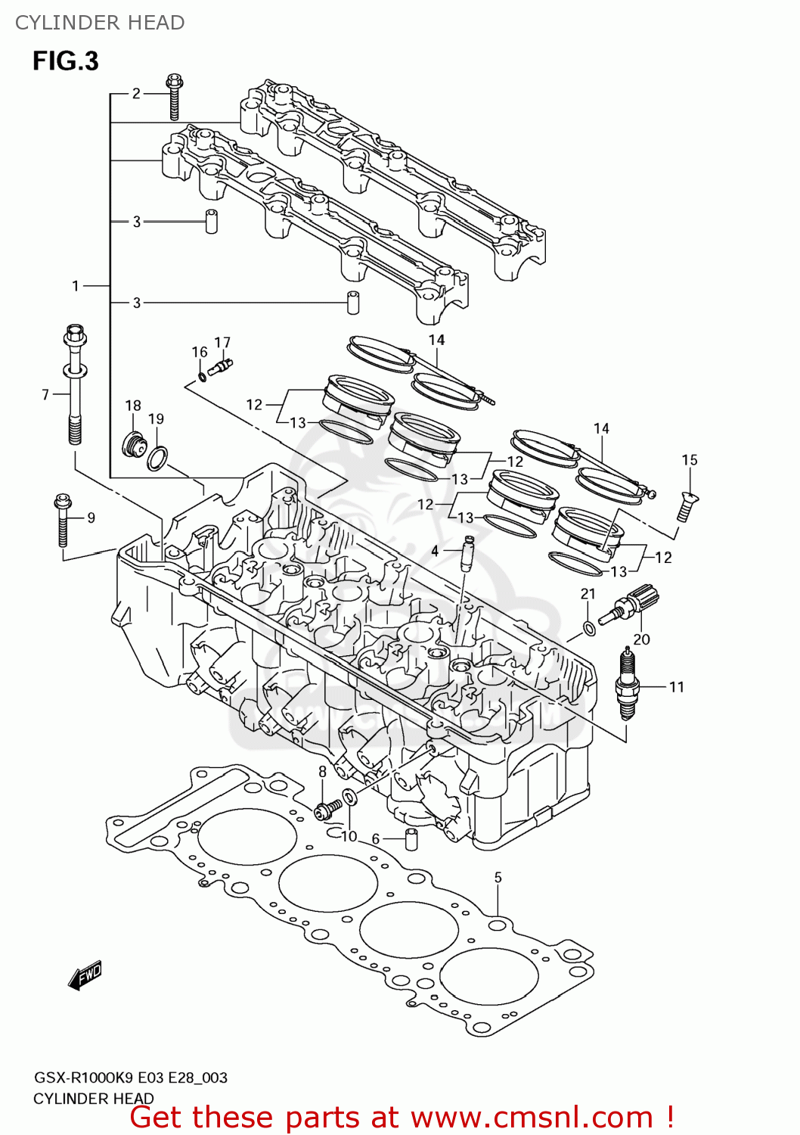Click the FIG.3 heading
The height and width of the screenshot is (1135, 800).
pos(66,61)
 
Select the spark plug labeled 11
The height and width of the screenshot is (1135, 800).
pos(628,683)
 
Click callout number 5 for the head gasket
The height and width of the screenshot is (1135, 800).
pos(498,878)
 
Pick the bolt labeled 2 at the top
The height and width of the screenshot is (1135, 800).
pos(174,96)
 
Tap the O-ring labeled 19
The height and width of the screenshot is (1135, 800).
pos(157,459)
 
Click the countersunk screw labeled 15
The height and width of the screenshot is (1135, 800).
pos(686,506)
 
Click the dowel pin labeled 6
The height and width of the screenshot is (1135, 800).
pos(412,839)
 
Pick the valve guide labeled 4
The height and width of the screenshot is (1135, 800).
pos(468,555)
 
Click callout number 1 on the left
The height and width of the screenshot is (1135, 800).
pos(76,286)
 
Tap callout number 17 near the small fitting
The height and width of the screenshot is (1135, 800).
pos(222,343)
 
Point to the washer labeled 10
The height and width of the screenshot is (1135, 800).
pos(350,797)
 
